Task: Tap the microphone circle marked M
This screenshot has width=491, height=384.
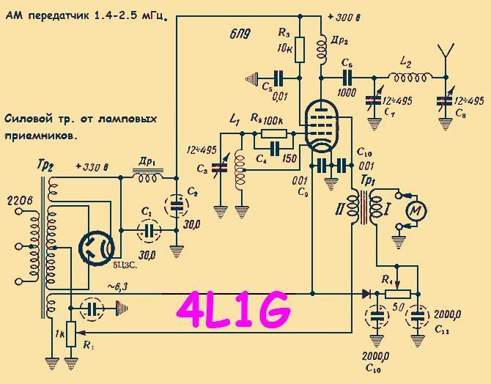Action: pyautogui.click(x=416, y=211)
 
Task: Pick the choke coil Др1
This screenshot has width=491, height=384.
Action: pyautogui.click(x=149, y=177)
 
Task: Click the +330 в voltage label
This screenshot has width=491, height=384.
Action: pyautogui.click(x=92, y=167)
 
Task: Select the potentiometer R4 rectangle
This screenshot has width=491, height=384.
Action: pyautogui.click(x=396, y=293)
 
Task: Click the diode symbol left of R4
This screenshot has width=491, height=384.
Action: pyautogui.click(x=365, y=293)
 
